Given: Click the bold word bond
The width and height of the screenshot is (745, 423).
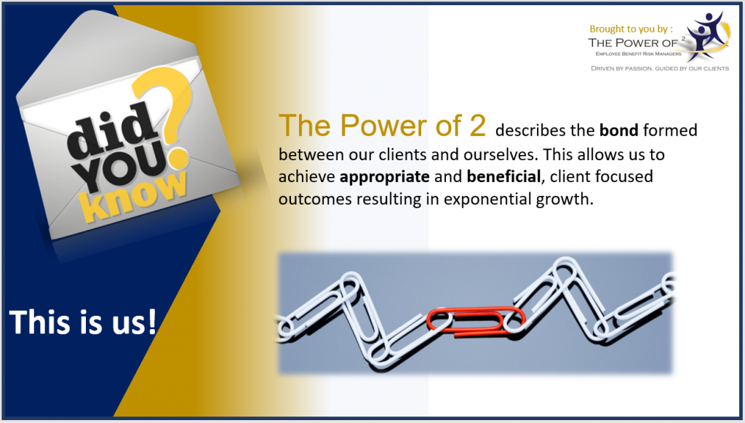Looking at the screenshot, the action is (618, 130).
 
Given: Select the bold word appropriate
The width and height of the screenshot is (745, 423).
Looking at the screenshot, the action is (384, 177).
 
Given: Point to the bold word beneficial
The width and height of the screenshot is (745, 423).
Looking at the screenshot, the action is (503, 176).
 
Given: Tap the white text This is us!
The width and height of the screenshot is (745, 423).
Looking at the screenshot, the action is (83, 322).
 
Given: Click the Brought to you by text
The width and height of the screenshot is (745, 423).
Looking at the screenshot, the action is (631, 29).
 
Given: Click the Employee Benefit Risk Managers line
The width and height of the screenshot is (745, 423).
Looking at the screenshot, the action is (638, 54).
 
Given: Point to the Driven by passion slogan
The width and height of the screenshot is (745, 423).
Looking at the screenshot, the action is (659, 68).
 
